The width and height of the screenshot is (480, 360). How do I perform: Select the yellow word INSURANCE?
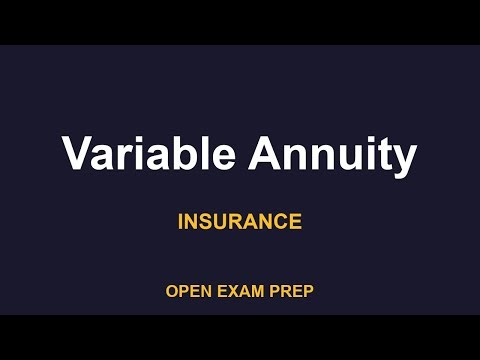pos(240,221)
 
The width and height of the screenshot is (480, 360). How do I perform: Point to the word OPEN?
pos(187,292)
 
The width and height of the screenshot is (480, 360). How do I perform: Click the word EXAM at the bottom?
pos(239,292)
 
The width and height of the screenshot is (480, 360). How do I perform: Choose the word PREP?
pos(292,292)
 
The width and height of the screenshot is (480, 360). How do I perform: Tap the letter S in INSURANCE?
pos(203,221)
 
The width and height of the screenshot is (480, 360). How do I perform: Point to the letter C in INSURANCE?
pos(275,221)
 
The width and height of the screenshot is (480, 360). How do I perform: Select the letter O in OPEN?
pos(172,292)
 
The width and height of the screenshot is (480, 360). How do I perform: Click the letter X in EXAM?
pos(232,292)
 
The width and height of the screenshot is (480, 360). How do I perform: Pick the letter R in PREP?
pos(287,292)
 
